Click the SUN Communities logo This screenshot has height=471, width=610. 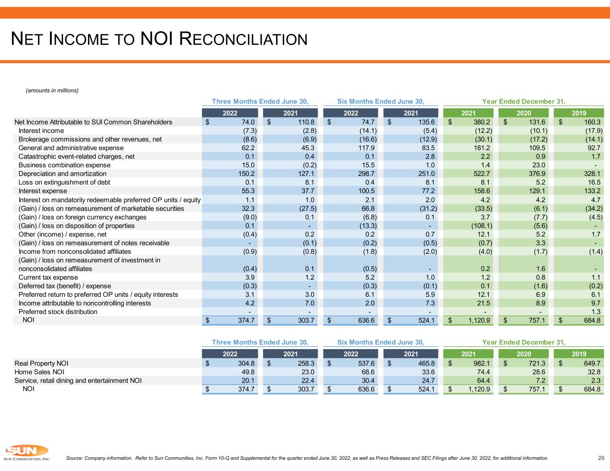coord(27,452)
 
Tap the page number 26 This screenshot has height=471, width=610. coord(601,458)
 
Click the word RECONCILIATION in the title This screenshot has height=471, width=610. coord(244,39)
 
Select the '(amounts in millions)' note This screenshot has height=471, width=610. coord(52,90)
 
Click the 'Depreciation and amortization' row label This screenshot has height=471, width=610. coord(62,174)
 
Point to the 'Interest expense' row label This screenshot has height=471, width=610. coord(42,191)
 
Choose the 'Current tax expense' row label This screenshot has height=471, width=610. coord(48,277)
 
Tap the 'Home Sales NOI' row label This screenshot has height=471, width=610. coord(39,372)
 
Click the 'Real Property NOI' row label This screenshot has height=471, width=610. coord(41,363)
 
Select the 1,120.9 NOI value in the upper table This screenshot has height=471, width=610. coord(479,320)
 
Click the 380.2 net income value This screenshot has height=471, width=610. coord(482,122)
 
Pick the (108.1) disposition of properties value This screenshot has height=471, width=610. coord(481,226)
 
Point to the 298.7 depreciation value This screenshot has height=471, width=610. coord(366,174)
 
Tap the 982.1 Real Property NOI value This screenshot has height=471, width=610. coord(482,363)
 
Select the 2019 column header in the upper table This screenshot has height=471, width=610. coord(579,113)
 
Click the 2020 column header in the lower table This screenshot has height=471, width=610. coord(524,354)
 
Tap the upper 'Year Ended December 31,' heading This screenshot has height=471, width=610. coord(524,101)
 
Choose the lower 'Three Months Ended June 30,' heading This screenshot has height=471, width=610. coord(260,342)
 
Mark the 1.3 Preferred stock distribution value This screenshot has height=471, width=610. coord(596,312)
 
